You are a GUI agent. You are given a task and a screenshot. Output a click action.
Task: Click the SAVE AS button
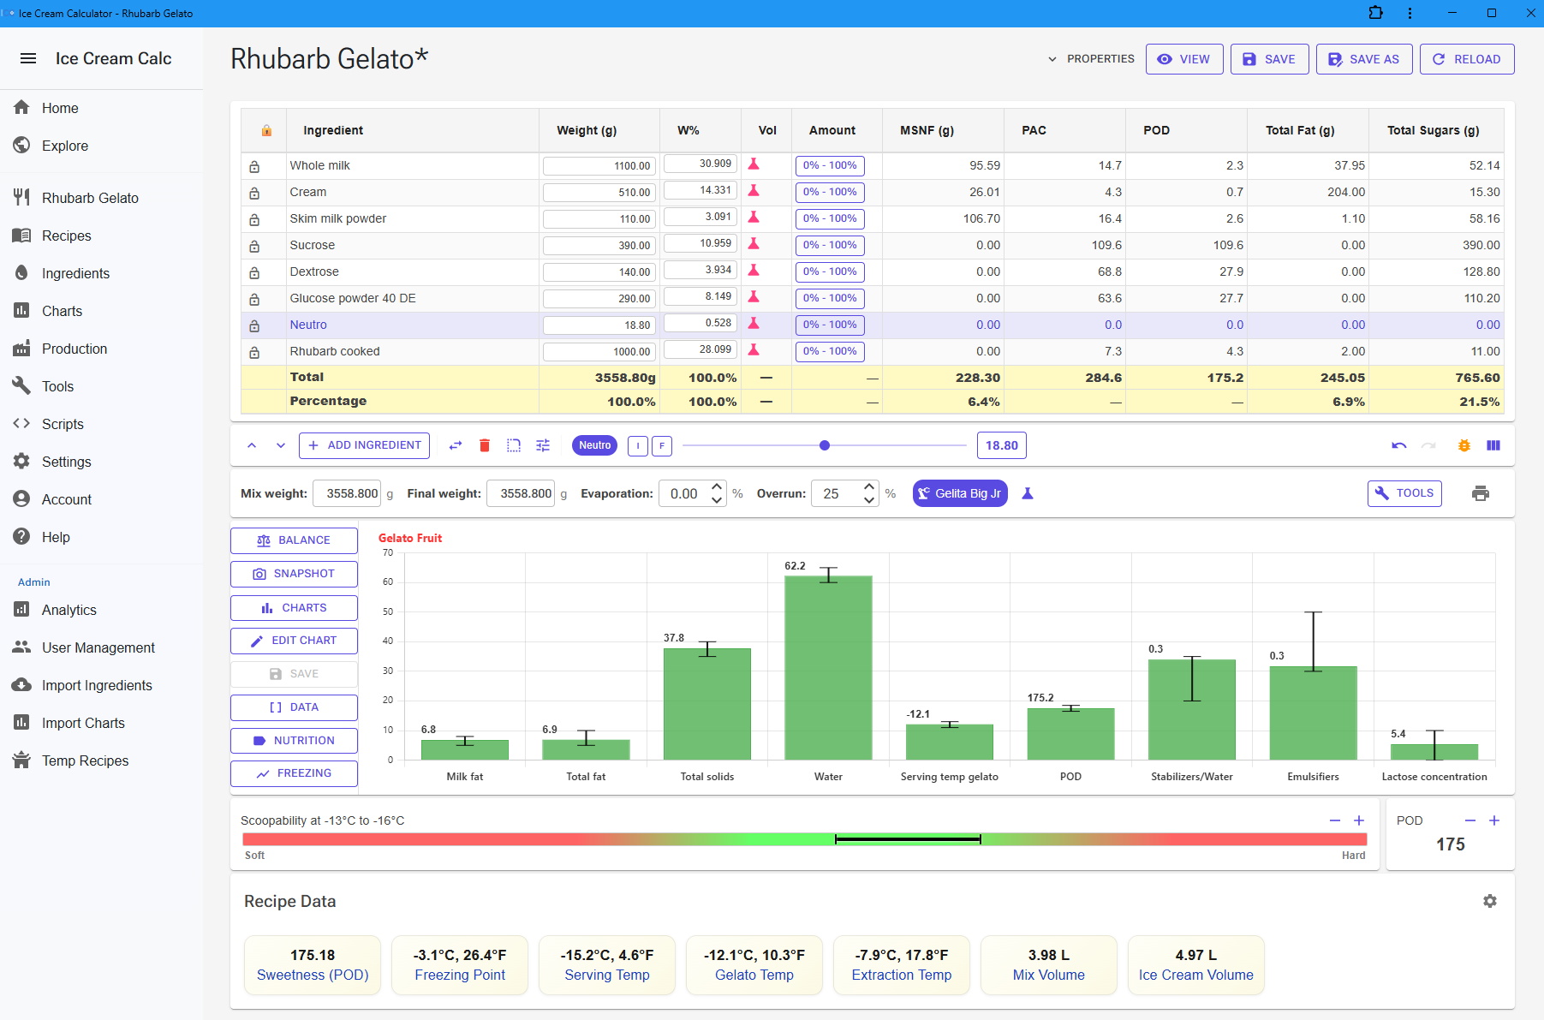point(1363,59)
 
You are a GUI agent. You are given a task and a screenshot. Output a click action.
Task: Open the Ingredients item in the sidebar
point(75,273)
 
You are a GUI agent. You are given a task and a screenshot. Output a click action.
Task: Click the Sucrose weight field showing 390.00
point(599,246)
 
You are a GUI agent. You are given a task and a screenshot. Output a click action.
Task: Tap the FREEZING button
point(294,773)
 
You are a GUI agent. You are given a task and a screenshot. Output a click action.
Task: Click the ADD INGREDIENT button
point(364,445)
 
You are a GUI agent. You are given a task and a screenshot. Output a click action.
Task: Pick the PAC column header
point(1034,130)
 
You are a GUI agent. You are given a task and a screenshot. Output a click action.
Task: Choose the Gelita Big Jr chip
point(959,493)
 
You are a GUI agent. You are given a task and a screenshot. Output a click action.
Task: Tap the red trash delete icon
point(485,445)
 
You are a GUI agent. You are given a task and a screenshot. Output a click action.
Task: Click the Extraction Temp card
point(901,964)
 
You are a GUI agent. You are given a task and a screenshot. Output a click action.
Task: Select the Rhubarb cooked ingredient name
point(335,351)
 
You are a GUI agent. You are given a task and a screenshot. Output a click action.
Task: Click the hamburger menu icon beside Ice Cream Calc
point(28,58)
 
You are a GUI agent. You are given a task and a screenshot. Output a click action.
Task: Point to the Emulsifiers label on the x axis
point(1313,777)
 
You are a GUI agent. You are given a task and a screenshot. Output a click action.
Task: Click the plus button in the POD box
point(1494,820)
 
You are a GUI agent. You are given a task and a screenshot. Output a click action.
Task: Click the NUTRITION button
point(294,741)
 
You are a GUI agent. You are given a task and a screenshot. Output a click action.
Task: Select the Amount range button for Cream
point(829,192)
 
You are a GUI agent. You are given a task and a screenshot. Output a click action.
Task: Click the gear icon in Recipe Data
point(1490,901)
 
